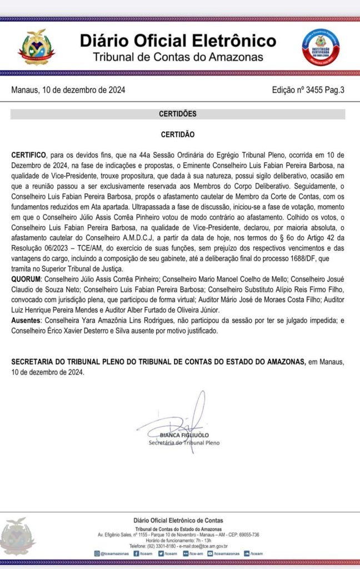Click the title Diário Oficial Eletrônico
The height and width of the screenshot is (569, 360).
(178, 41)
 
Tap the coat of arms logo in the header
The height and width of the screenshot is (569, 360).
(36, 47)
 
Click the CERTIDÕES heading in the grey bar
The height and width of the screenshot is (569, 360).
(178, 114)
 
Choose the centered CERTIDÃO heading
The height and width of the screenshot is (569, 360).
(178, 134)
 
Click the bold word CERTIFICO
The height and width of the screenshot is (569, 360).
(29, 154)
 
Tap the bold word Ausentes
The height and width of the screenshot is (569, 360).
(27, 322)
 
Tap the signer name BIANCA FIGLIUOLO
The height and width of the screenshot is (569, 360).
(184, 435)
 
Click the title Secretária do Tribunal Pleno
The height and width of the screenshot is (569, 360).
(184, 443)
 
